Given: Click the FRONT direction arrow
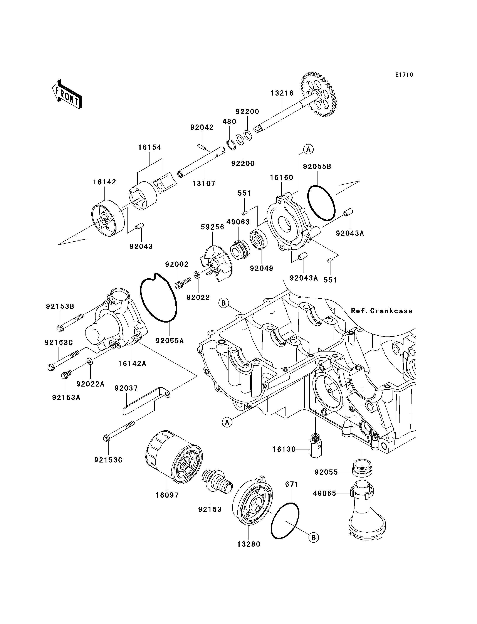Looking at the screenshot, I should pyautogui.click(x=67, y=95).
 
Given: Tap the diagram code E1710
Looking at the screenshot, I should pyautogui.click(x=404, y=75).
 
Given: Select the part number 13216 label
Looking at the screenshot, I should pyautogui.click(x=282, y=93).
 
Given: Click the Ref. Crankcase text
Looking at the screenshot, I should pyautogui.click(x=382, y=311).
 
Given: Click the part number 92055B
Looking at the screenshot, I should pyautogui.click(x=317, y=167).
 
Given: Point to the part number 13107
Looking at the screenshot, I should pyautogui.click(x=204, y=184).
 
